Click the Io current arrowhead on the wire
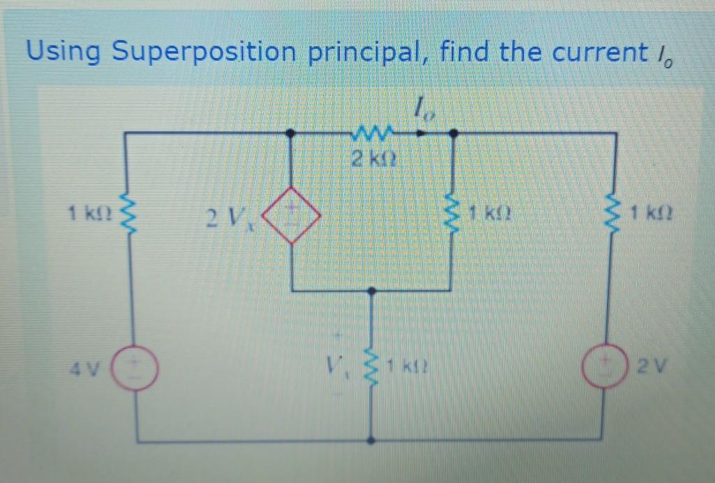pyautogui.click(x=423, y=131)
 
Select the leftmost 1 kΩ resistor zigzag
pyautogui.click(x=126, y=210)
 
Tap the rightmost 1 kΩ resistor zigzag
pyautogui.click(x=615, y=210)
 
